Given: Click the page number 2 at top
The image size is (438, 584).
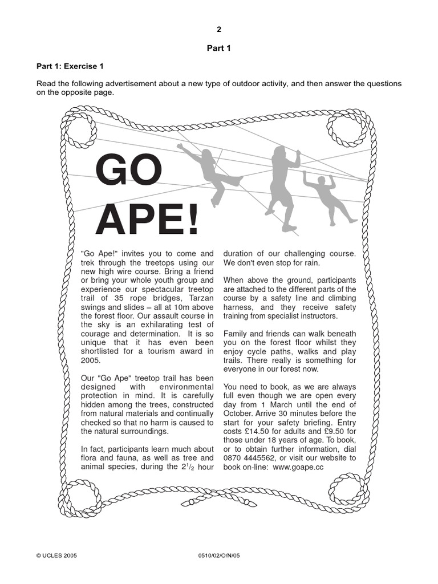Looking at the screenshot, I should tap(218, 29).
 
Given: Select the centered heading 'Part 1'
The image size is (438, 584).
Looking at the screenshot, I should tap(218, 48).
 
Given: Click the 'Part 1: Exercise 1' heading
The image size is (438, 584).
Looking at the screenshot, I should tap(70, 66).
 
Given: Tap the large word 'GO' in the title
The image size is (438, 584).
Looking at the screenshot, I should tap(129, 169).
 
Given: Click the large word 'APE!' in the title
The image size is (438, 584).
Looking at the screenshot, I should tap(147, 219).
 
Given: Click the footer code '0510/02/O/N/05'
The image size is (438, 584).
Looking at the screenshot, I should tap(218, 554).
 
